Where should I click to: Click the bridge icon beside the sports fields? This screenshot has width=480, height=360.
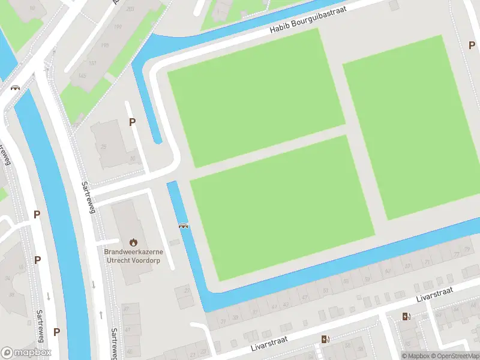(x=184, y=226)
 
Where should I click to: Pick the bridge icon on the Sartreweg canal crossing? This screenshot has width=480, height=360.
(x=15, y=87)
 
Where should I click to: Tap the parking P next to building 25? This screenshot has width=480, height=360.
(x=132, y=122)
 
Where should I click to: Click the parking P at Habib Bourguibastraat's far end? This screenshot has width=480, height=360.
(x=472, y=45)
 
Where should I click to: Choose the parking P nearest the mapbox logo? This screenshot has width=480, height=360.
(x=56, y=331)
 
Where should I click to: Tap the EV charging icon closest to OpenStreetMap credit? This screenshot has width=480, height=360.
(x=407, y=317)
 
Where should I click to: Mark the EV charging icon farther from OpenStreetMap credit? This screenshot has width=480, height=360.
(x=326, y=340)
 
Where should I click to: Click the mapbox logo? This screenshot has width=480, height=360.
(x=26, y=352)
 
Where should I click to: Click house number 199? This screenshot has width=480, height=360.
(x=118, y=26)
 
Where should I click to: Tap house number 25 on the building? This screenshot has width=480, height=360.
(x=103, y=146)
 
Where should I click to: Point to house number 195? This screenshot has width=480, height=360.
(x=106, y=44)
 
